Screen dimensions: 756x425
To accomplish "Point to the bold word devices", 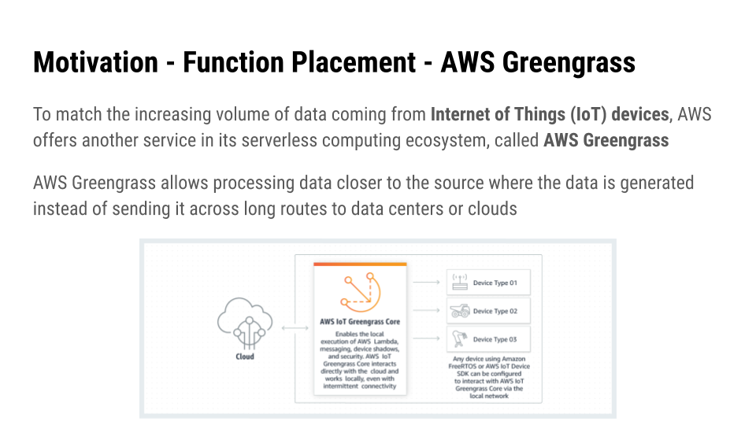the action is [x=636, y=115].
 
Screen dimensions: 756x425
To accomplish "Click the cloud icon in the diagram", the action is [x=245, y=323].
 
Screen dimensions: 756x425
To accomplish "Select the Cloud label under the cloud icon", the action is [x=245, y=357].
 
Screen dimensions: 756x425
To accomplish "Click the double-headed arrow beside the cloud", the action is [x=294, y=327].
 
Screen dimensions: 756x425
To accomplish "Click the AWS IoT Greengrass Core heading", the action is [x=359, y=321].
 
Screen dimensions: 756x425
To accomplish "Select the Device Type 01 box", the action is [x=488, y=283].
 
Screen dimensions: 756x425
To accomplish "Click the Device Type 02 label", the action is [x=495, y=311].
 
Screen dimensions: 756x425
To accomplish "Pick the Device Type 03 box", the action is [x=488, y=339].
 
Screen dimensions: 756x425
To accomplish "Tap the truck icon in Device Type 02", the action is [x=460, y=311].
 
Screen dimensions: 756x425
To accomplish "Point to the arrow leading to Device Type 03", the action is [x=426, y=339].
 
